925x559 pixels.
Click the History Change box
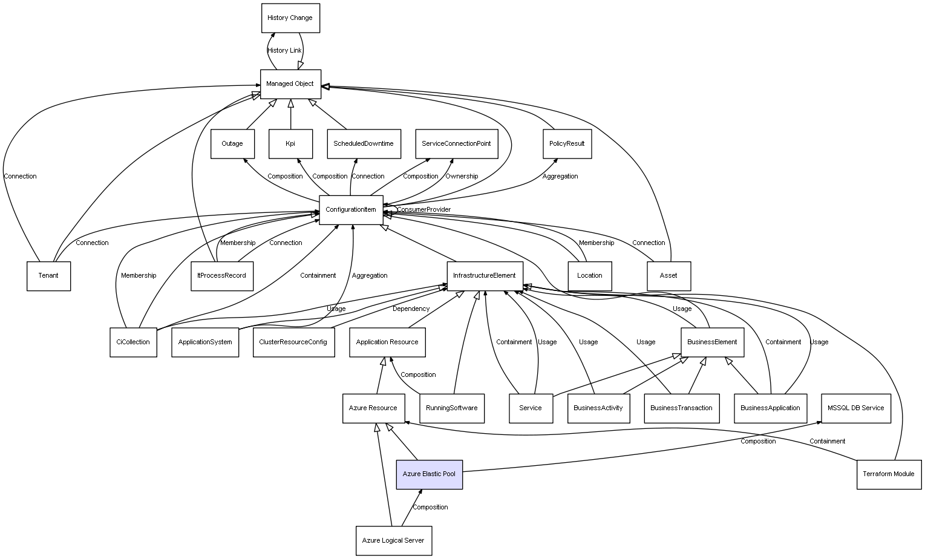(290, 18)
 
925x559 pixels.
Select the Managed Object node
(290, 84)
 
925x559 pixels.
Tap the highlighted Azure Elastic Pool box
(429, 474)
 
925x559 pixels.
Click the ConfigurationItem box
(351, 210)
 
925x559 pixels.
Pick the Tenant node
(48, 276)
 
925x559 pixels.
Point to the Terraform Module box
(889, 474)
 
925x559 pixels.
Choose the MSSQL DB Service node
(855, 408)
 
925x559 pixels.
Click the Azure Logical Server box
(393, 541)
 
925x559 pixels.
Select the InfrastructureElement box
(484, 276)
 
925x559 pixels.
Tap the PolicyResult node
(567, 144)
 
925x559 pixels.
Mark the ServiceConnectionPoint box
(456, 144)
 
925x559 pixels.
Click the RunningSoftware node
(451, 408)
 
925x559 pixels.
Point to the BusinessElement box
(712, 342)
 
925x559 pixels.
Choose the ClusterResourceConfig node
(293, 342)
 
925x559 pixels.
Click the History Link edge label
(284, 51)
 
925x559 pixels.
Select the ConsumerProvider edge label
(423, 210)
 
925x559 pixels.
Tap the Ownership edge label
(462, 177)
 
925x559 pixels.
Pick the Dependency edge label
(411, 309)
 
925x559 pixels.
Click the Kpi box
(290, 144)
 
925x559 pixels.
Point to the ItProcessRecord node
(222, 276)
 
